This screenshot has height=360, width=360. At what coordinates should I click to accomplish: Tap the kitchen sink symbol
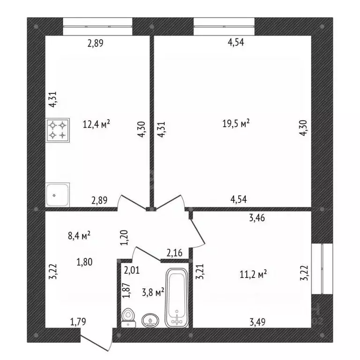point(58,195)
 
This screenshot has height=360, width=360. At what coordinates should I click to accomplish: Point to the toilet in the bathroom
point(127,318)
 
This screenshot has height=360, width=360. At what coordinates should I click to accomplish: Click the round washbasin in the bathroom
point(150,321)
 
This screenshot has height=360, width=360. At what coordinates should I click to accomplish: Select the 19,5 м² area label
point(236,124)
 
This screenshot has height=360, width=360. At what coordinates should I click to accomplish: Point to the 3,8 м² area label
point(153,292)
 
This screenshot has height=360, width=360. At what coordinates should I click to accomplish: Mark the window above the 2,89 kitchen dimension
point(97,26)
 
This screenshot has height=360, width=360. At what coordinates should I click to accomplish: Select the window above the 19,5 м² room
point(224,26)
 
